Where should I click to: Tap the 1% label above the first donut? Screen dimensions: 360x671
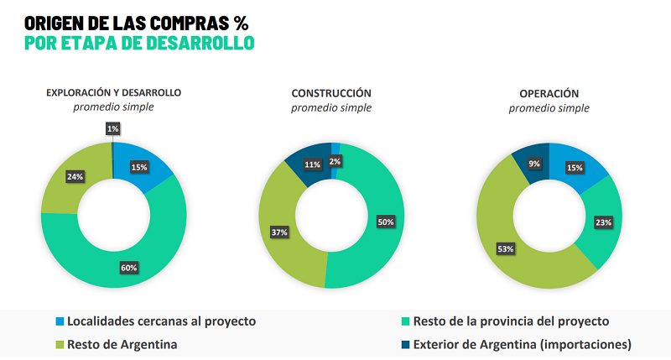point(112,128)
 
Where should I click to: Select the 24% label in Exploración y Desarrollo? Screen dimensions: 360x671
point(75,177)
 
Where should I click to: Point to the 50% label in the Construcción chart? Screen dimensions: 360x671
point(385,222)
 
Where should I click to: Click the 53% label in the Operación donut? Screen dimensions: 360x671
point(505,250)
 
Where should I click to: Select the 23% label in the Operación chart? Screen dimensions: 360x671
point(604,222)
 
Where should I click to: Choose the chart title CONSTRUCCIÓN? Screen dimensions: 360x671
point(331,93)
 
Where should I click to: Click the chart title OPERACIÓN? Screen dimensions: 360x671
point(549,93)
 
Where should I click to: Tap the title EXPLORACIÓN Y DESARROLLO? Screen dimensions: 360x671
point(113,93)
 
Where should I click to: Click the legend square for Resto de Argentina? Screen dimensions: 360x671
point(59,344)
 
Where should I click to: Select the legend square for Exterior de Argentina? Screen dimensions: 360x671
point(406,344)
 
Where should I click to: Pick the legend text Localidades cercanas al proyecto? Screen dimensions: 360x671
point(161,321)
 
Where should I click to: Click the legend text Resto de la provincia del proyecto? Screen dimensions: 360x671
point(512,321)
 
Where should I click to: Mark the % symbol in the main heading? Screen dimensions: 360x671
point(242,22)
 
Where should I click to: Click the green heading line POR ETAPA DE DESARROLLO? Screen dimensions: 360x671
point(139,43)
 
